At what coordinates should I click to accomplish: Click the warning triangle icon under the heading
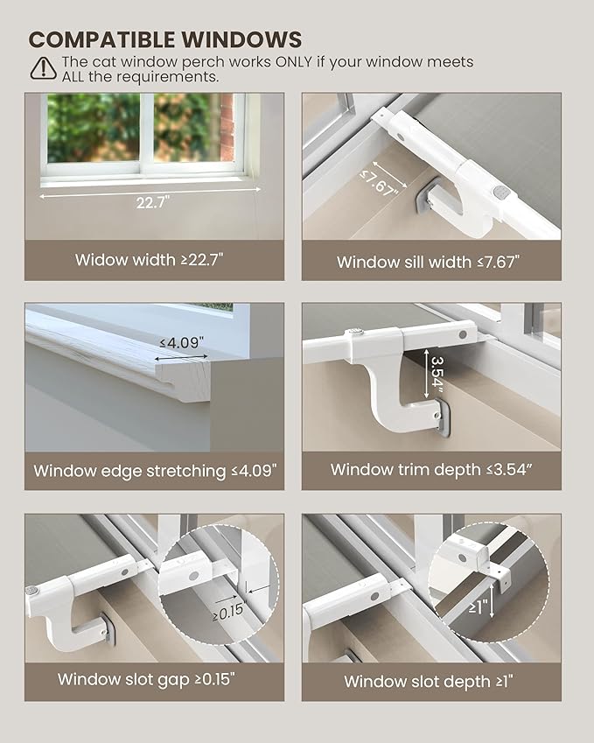[43, 68]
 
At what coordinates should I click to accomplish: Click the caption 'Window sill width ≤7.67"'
[428, 262]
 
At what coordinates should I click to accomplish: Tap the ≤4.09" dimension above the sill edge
[181, 342]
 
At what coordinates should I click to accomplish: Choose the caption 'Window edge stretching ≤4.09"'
[155, 471]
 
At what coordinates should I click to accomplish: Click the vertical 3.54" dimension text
[437, 375]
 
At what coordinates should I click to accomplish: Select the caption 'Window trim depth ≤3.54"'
[431, 470]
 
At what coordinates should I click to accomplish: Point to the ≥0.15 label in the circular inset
[227, 612]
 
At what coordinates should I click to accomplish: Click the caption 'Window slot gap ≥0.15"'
[146, 679]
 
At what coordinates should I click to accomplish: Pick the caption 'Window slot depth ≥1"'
[429, 682]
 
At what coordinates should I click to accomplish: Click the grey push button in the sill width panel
[500, 193]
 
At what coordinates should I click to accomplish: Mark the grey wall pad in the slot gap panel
[108, 629]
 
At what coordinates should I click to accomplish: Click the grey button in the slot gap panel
[32, 592]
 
